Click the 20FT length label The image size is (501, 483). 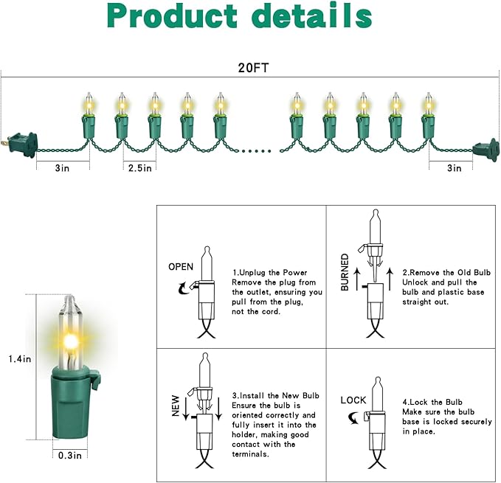pos(250,66)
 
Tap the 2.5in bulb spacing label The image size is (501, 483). pos(139,168)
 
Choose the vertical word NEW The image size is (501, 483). pos(176,406)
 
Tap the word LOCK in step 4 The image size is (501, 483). pos(353,400)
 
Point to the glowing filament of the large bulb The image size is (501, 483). pos(72,340)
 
